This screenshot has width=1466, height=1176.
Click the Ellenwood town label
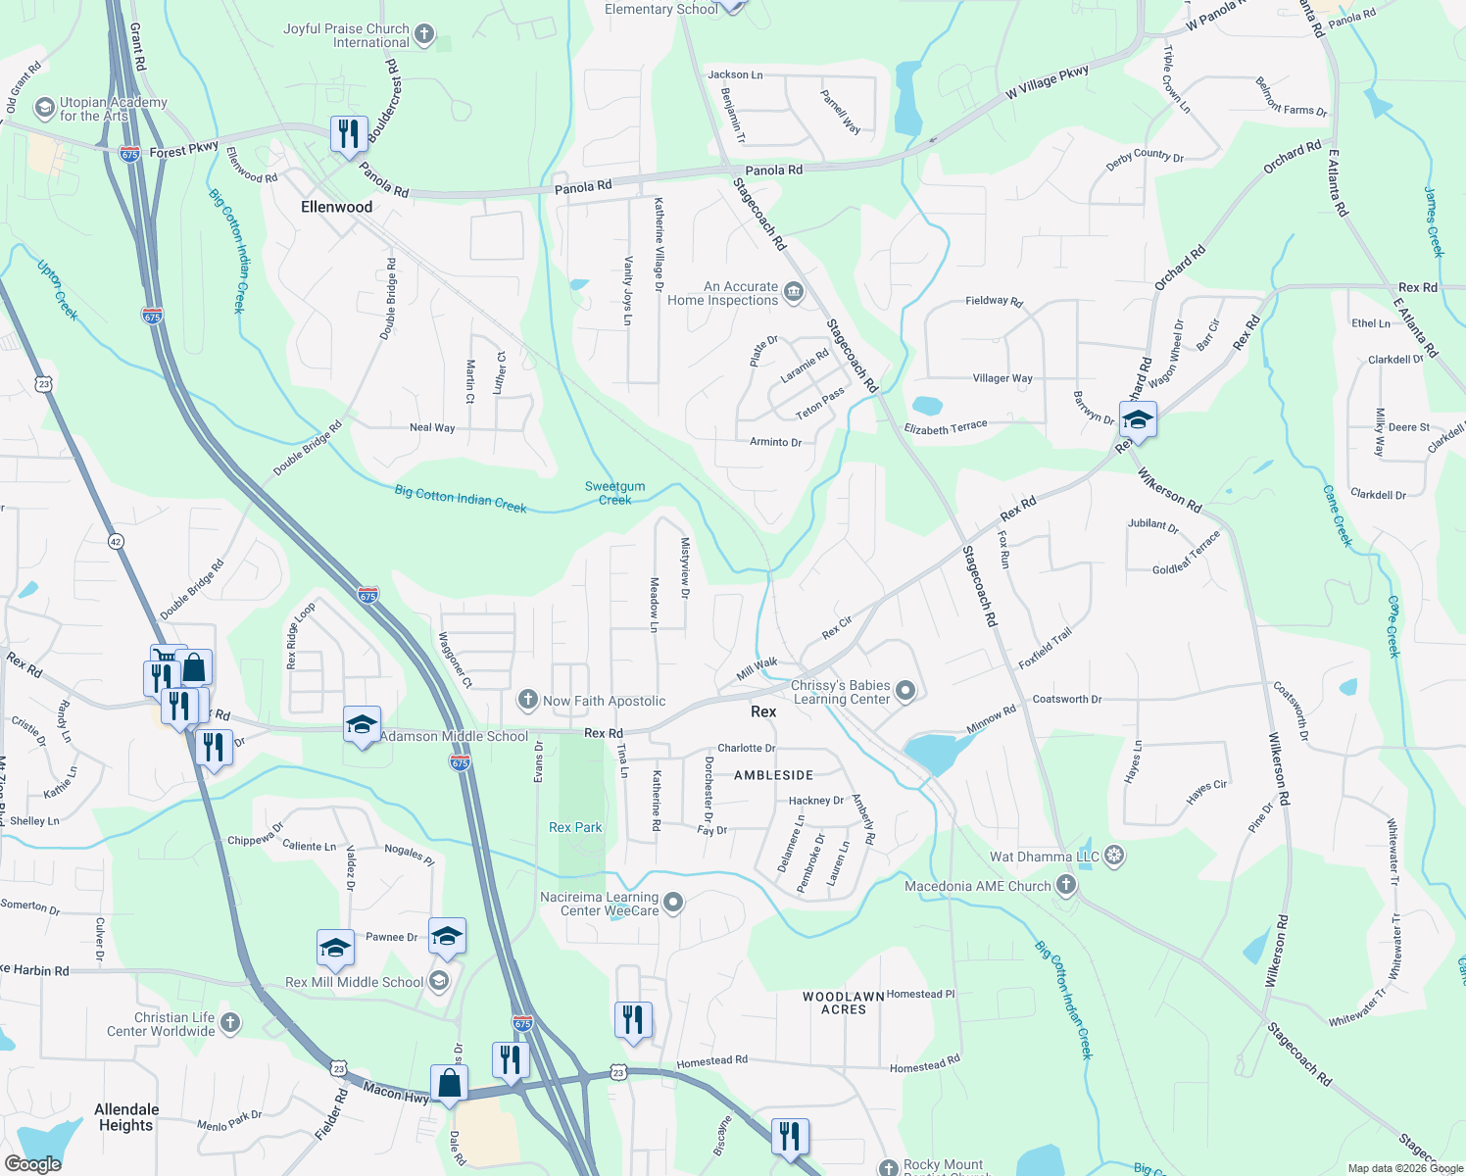[336, 207]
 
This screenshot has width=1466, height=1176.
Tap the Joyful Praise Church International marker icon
[424, 35]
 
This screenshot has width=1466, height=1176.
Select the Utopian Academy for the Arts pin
[44, 108]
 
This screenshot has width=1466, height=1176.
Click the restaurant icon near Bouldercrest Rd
[349, 132]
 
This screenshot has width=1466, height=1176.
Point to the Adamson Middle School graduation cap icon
[362, 725]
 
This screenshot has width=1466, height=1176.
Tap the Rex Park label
[575, 827]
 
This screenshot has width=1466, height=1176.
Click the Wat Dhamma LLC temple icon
[1114, 857]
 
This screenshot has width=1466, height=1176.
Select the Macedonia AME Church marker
[1066, 886]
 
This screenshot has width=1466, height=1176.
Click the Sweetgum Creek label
[614, 493]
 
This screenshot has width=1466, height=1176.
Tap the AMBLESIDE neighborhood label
[773, 775]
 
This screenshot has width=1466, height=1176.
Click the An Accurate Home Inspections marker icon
[794, 291]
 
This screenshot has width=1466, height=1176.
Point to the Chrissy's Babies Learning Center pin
[905, 692]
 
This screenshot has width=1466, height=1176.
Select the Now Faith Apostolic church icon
[528, 700]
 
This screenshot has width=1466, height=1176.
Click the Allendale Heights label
[125, 1117]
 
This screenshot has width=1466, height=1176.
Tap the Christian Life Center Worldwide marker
[230, 1023]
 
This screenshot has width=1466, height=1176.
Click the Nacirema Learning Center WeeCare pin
[673, 903]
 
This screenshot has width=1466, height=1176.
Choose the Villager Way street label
[1002, 378]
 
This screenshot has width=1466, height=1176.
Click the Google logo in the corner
[32, 1163]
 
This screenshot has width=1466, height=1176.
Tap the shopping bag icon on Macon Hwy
[449, 1084]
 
